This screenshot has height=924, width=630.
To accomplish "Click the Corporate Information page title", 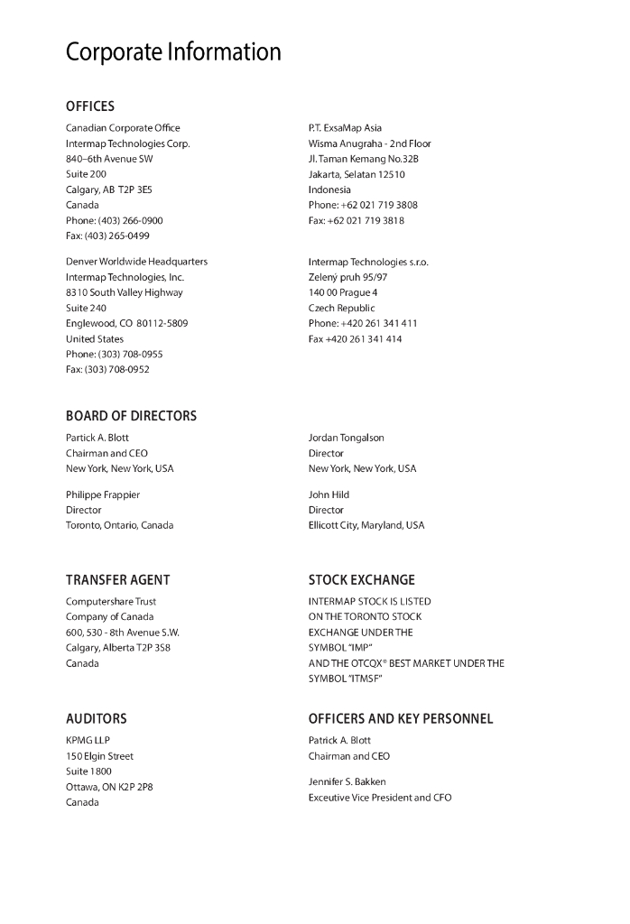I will [173, 52].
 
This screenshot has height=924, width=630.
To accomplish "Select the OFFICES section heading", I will [90, 106].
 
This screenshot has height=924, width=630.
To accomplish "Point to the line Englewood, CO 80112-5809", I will [126, 323].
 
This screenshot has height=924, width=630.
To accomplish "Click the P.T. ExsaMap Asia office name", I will [345, 128].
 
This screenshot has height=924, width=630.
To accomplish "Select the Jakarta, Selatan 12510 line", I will [357, 174].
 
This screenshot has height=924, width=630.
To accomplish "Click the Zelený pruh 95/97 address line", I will [347, 277].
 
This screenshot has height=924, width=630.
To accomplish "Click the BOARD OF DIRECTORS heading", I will [131, 416].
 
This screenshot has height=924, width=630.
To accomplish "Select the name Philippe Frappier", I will [103, 494].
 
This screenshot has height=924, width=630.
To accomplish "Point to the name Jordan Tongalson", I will [347, 438].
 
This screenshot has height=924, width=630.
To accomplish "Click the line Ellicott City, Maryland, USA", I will [366, 525].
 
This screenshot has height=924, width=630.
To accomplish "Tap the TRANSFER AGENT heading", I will [117, 580].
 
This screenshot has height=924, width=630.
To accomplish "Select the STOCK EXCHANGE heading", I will [362, 580].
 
